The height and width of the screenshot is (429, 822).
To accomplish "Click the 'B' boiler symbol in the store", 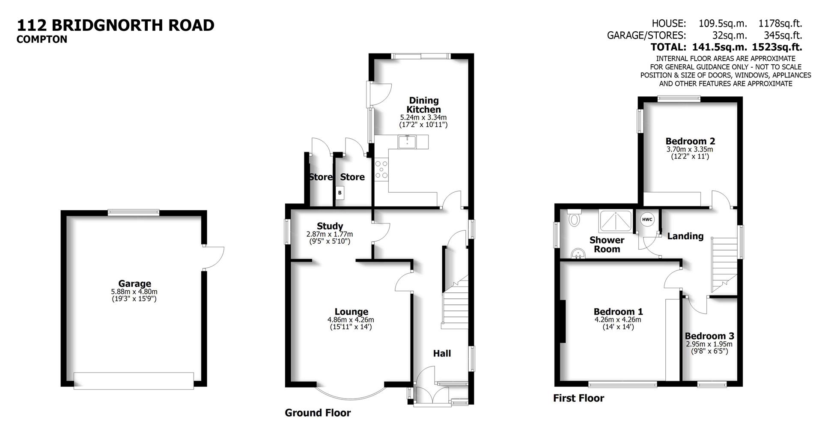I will coord(340,193).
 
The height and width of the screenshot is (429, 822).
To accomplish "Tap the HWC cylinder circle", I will coord(647,220).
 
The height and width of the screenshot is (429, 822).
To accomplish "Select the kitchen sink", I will coord(407,142).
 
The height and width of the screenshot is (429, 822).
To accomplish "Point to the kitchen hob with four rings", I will coord(381,169).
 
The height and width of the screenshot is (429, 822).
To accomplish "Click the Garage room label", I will coord(134,283).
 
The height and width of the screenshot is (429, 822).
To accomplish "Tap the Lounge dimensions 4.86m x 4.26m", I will coord(351,320).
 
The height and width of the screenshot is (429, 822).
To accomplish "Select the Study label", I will coord(330,226).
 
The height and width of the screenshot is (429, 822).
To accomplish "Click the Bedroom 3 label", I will coord(709,336).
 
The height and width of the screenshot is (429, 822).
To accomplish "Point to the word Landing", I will coord(685,236).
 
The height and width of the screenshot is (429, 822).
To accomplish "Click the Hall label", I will coord(442,353).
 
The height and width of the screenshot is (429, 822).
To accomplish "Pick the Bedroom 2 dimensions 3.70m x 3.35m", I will coord(690,149).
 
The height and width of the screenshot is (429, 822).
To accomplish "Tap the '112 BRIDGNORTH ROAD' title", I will coord(116,25).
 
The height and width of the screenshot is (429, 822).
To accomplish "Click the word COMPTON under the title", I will coord(42,39).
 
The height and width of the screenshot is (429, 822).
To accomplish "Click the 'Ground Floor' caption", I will coord(318,413).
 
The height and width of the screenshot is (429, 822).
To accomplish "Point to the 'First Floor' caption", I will coord(578,398).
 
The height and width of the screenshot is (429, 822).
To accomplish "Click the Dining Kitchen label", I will coord(423,105).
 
